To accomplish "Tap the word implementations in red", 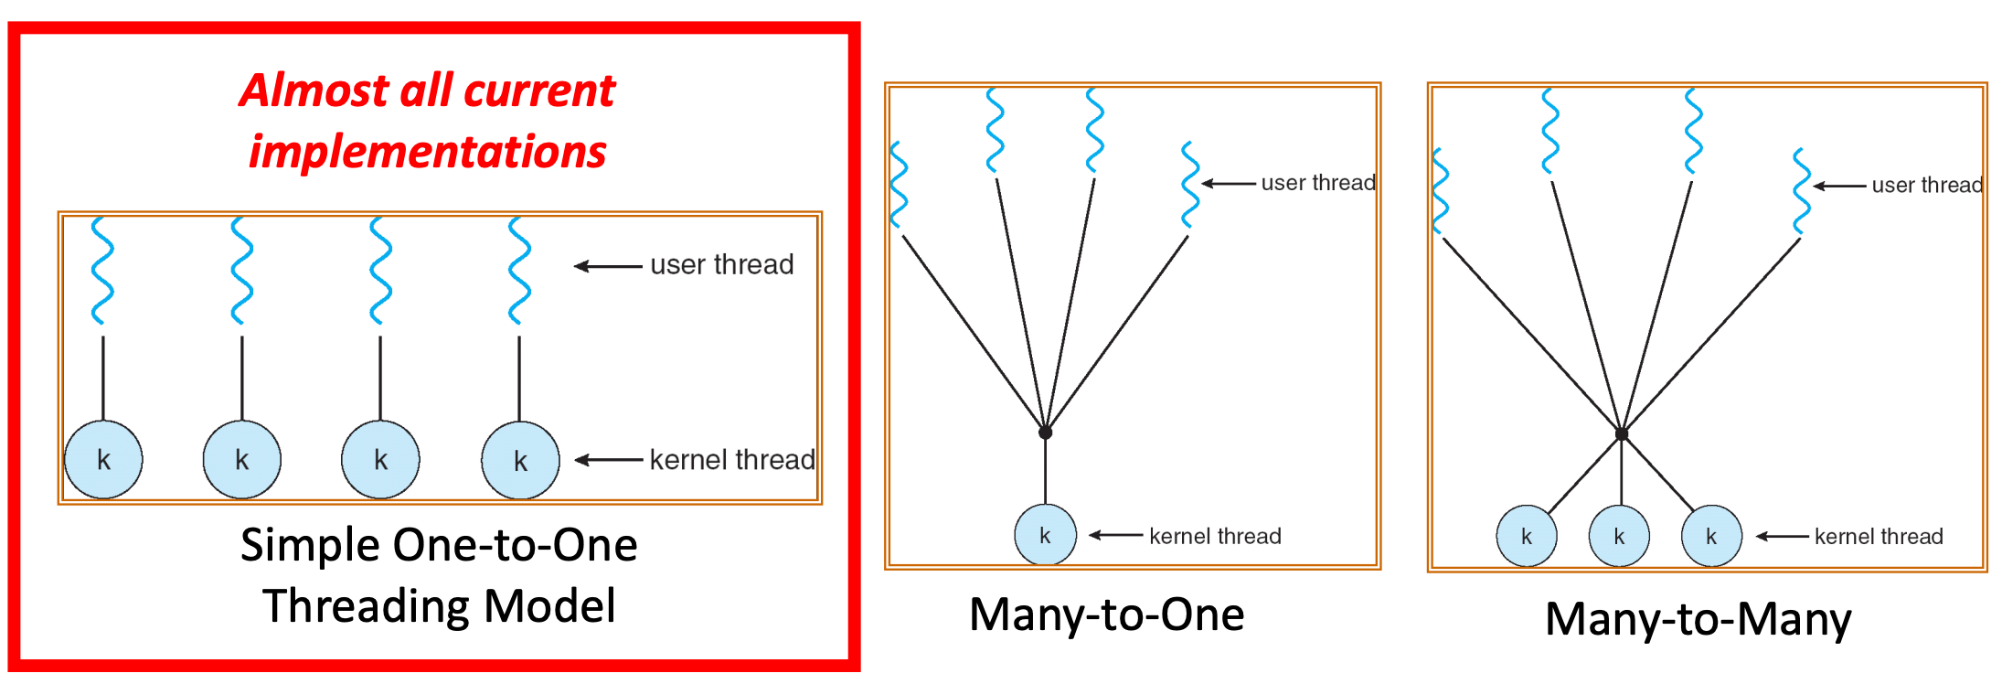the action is pos(427,152).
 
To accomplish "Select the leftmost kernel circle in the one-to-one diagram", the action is pos(103,459).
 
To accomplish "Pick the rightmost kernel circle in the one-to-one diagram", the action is pos(520,460).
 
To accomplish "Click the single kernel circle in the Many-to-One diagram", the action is pos(1045,535).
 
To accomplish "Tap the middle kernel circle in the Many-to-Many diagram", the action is pos(1619,536).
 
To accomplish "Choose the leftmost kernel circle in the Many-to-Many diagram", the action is pos(1526,536).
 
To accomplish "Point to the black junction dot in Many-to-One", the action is pos(1045,433).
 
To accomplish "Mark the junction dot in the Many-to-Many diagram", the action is pos(1621,434).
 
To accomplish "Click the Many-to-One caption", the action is pos(1106,615).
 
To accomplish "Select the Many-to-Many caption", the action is pos(1698,619).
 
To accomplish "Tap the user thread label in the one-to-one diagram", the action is pos(721,265).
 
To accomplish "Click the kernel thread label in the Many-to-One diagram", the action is pos(1215,536).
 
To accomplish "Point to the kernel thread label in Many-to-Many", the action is pos(1879,537).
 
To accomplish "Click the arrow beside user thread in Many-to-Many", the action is pos(1839,186).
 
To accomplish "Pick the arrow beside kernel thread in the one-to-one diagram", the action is pos(608,460).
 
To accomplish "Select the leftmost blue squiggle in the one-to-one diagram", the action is pos(102,271).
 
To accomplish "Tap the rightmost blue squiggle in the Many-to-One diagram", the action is pos(1189,185).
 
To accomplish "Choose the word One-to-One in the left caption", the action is pos(516,546).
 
